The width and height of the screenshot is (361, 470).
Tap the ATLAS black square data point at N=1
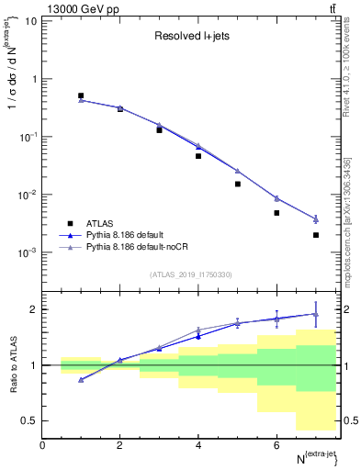point(81,95)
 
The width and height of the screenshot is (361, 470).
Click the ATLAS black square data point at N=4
point(198,156)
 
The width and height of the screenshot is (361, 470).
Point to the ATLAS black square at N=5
point(237,184)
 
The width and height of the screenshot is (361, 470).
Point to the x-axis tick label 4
point(198,445)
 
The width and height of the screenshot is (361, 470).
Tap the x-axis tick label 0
point(42,445)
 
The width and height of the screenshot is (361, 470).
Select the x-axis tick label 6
point(276,445)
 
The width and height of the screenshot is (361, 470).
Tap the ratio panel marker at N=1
point(81,379)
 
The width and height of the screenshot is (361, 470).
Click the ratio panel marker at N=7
point(315,314)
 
